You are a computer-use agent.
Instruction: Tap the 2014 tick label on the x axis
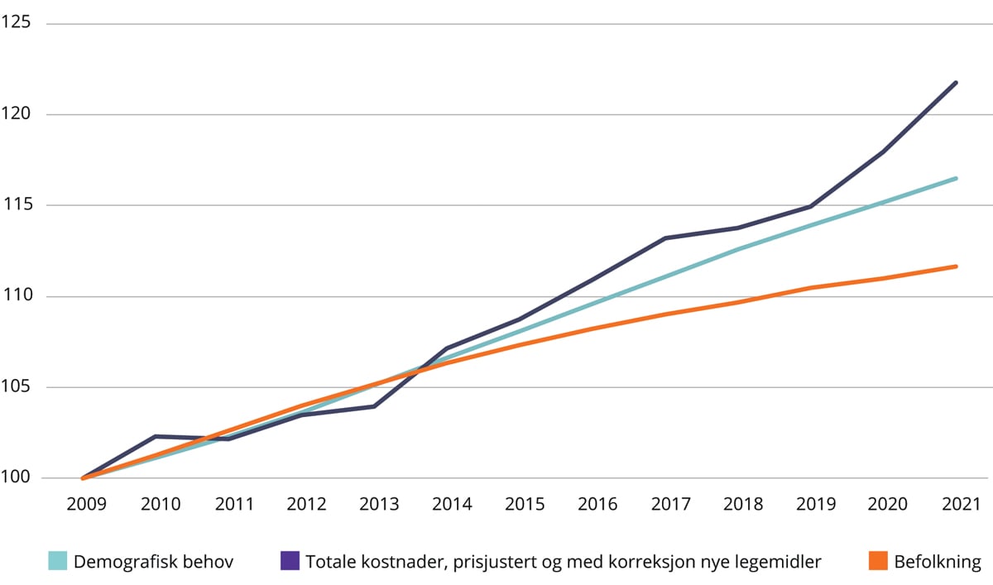tap(453, 504)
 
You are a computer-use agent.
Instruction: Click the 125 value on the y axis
tap(16, 23)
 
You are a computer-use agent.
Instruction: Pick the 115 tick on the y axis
tap(16, 205)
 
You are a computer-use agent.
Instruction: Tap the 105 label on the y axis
tap(16, 387)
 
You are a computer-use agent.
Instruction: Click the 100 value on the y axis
tap(16, 478)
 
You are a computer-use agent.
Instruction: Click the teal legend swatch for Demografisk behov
tap(57, 562)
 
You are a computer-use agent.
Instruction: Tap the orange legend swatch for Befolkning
tap(878, 562)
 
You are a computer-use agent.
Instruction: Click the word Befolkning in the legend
tap(937, 562)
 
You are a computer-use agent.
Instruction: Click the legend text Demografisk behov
tap(154, 562)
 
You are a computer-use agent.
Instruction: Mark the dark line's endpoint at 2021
tap(957, 83)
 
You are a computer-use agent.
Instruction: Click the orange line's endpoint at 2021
tap(957, 266)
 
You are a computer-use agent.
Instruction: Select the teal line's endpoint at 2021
tap(957, 178)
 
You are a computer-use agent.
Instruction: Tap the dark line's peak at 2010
tap(156, 436)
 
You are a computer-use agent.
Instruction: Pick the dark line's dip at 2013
tap(375, 406)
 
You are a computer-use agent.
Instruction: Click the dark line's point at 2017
tap(665, 238)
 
